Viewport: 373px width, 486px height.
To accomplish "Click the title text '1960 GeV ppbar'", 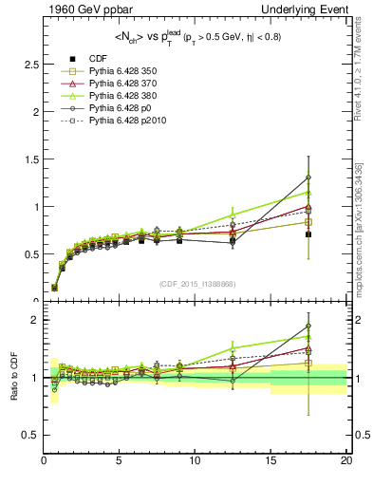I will coord(84,9).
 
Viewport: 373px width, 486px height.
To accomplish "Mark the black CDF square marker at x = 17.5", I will coord(308,234).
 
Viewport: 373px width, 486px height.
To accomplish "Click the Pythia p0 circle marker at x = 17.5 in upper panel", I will coord(308,178).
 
